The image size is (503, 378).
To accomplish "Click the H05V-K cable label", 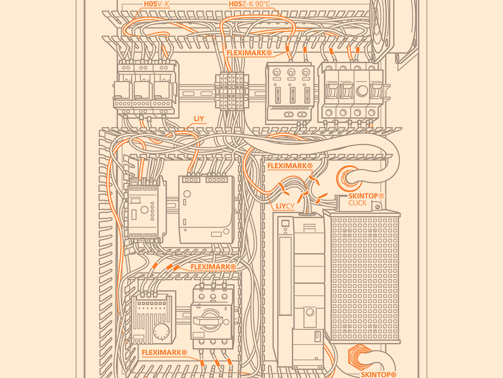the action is tap(156, 4).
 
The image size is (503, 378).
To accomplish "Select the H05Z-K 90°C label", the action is tap(249, 4).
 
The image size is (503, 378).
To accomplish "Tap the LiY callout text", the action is tap(199, 118).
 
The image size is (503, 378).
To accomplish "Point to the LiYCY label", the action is tap(285, 206).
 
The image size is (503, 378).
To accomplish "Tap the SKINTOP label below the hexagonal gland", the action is tap(379, 374).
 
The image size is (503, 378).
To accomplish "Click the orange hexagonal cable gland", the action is tap(360, 356).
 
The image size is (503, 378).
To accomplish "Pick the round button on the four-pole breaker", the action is tap(362, 91).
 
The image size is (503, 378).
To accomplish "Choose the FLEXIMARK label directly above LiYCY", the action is tap(290, 166).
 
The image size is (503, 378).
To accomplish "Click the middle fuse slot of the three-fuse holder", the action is tap(292, 95).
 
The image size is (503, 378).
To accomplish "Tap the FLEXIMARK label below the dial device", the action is tap(164, 353).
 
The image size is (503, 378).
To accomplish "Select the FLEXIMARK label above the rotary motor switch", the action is tap(213, 267).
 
